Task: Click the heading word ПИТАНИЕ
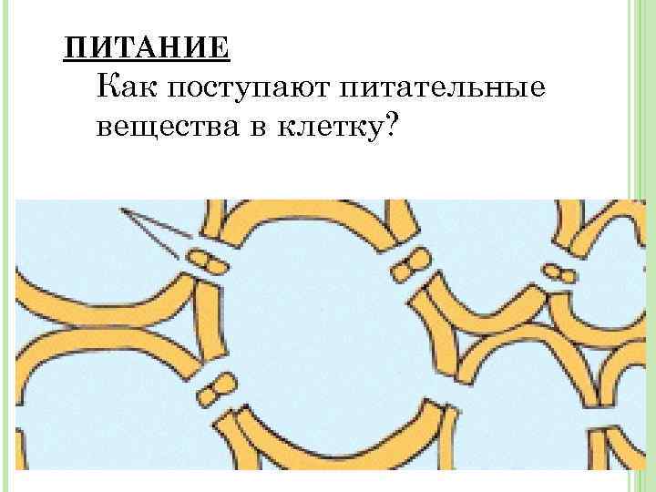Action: point(147,46)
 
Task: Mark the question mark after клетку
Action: point(392,128)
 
